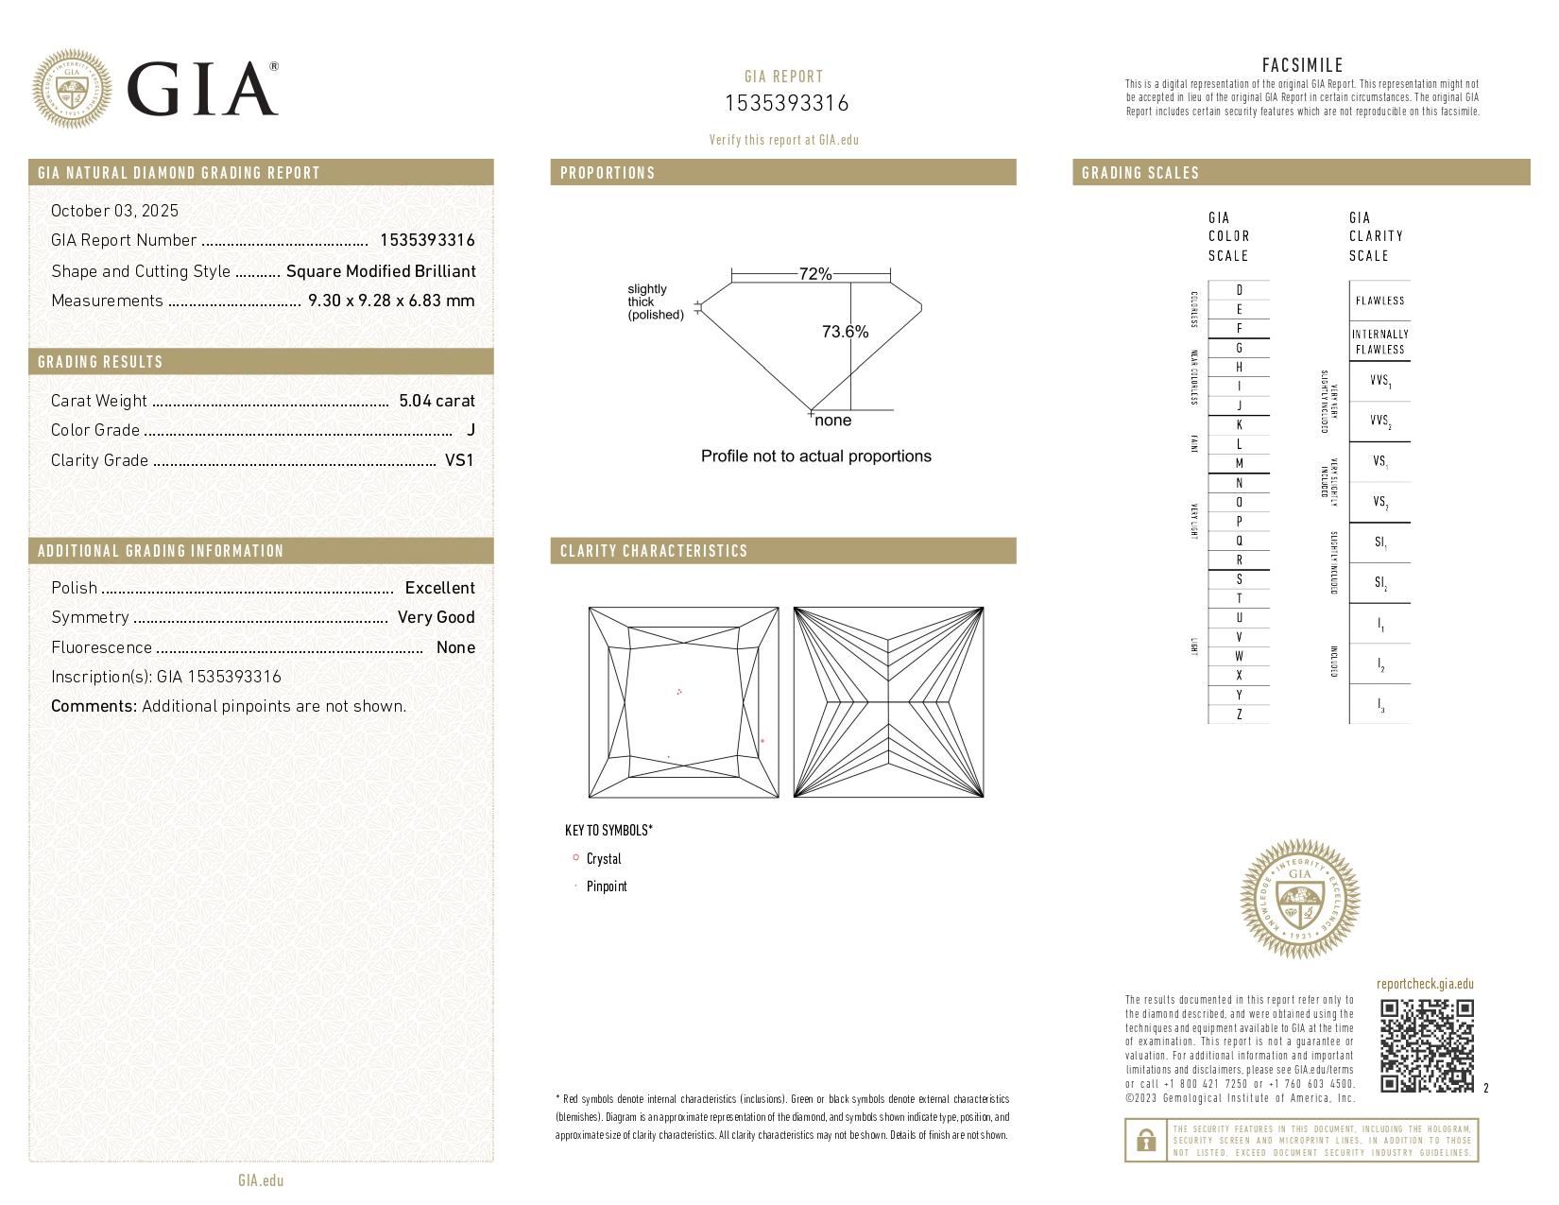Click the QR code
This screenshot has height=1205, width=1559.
click(x=1426, y=1045)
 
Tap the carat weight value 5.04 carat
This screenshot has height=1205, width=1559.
click(x=437, y=401)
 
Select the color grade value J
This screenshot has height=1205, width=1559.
click(x=471, y=430)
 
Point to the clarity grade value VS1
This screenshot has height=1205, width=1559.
click(x=459, y=460)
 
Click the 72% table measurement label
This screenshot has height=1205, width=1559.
click(x=814, y=274)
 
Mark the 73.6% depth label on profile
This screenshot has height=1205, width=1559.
click(x=845, y=332)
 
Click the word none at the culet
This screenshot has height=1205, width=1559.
click(x=832, y=421)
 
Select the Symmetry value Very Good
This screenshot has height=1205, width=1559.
click(x=436, y=617)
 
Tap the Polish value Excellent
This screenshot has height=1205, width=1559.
click(x=439, y=588)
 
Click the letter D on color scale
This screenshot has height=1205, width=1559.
click(x=1239, y=290)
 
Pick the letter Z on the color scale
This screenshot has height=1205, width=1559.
click(x=1239, y=714)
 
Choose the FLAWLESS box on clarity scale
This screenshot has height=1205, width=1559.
click(x=1379, y=301)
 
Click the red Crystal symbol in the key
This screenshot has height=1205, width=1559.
click(x=575, y=858)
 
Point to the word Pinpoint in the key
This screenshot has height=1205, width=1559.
click(x=607, y=887)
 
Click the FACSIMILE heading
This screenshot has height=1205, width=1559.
click(x=1302, y=65)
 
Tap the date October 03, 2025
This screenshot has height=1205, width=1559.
click(x=114, y=211)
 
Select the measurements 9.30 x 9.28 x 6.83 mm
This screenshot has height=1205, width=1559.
click(x=391, y=301)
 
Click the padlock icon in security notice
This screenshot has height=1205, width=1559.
click(x=1145, y=1141)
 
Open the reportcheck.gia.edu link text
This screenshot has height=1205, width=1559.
click(x=1425, y=984)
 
